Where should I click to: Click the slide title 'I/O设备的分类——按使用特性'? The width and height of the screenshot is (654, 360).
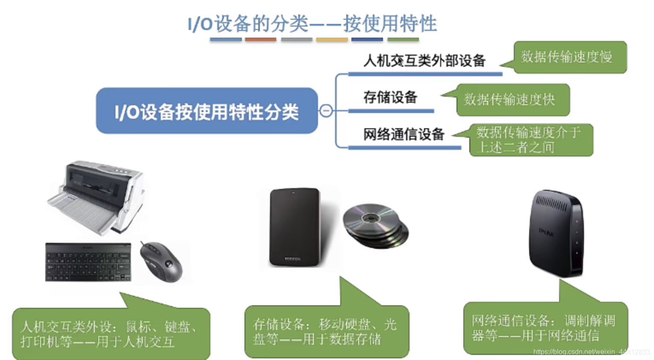312,23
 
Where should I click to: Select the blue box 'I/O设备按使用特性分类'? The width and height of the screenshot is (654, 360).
207,111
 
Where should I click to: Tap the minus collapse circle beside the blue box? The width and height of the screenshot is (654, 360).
326,111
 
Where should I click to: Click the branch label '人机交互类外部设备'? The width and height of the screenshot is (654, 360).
424,61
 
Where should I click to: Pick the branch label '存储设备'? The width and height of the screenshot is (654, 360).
390,97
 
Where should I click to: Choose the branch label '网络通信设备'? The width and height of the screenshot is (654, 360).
404,134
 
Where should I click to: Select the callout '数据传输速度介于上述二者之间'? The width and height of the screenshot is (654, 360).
530,140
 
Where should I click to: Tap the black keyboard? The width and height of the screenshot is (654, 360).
88,262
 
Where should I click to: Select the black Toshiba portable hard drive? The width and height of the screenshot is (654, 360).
295,227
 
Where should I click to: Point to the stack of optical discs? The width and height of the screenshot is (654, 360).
375,225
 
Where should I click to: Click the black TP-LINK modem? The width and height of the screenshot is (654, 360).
556,233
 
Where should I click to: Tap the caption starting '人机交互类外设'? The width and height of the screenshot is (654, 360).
110,334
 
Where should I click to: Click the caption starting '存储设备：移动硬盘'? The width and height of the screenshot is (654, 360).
326,331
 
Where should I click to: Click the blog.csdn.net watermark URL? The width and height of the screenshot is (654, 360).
592,352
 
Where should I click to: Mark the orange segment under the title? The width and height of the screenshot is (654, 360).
260,40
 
